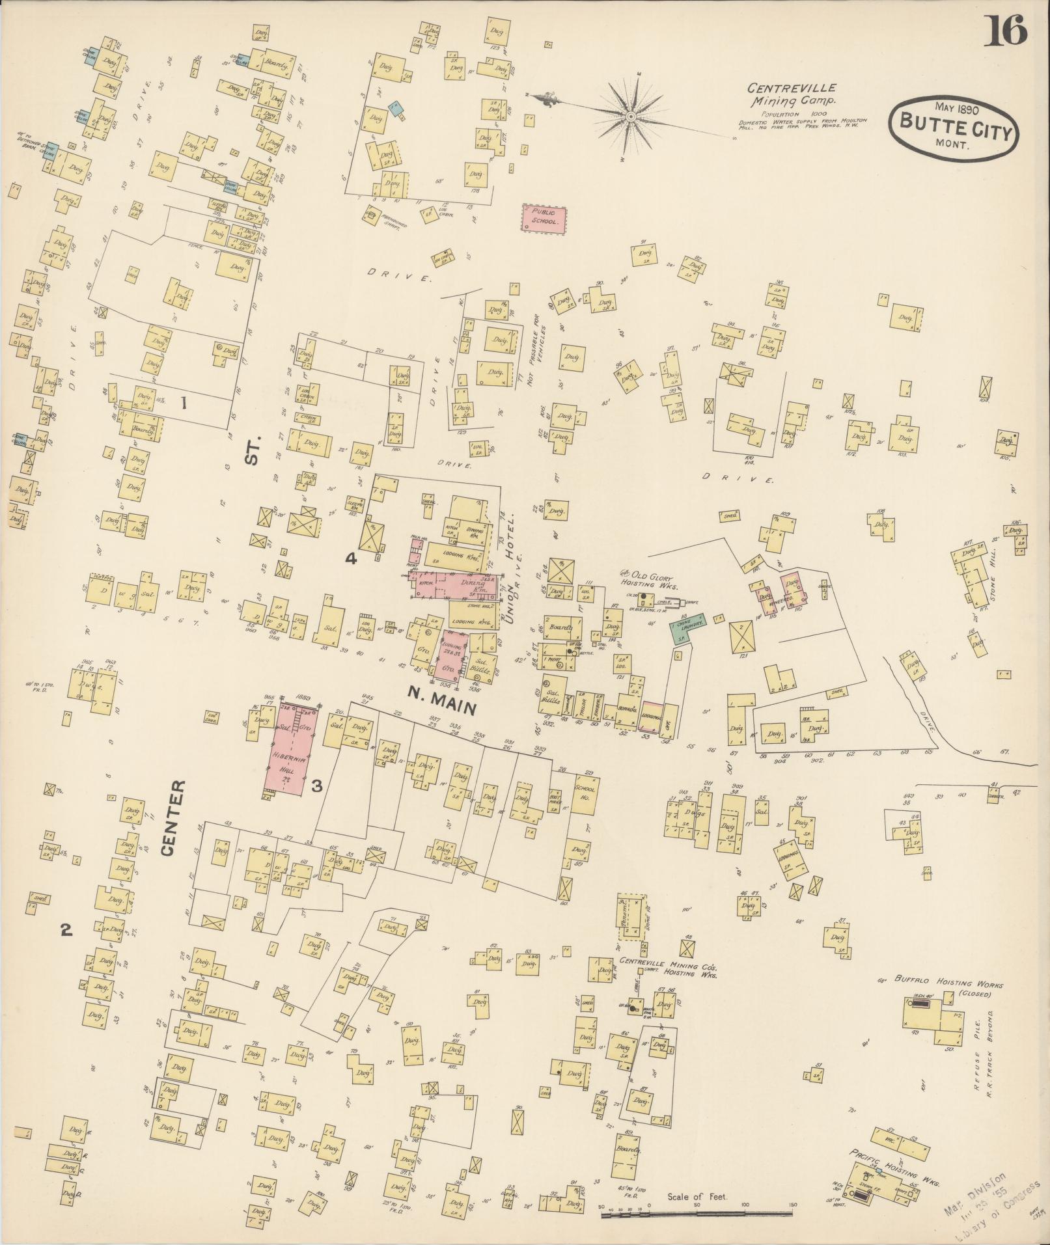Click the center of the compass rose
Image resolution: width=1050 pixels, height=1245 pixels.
pos(630,116)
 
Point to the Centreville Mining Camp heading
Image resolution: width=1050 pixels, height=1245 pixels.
pos(791,94)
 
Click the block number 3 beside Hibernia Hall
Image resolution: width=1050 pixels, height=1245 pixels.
pos(317,786)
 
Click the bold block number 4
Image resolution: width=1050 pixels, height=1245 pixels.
pos(351,558)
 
